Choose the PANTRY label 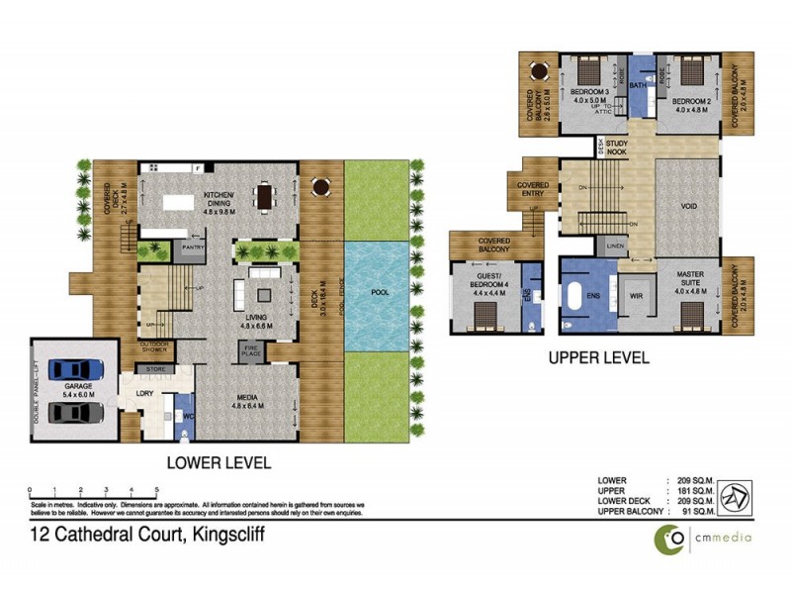193,247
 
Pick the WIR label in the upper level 635,294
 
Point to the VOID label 689,206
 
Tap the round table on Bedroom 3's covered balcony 538,71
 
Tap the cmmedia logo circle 674,538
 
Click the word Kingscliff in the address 224,536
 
